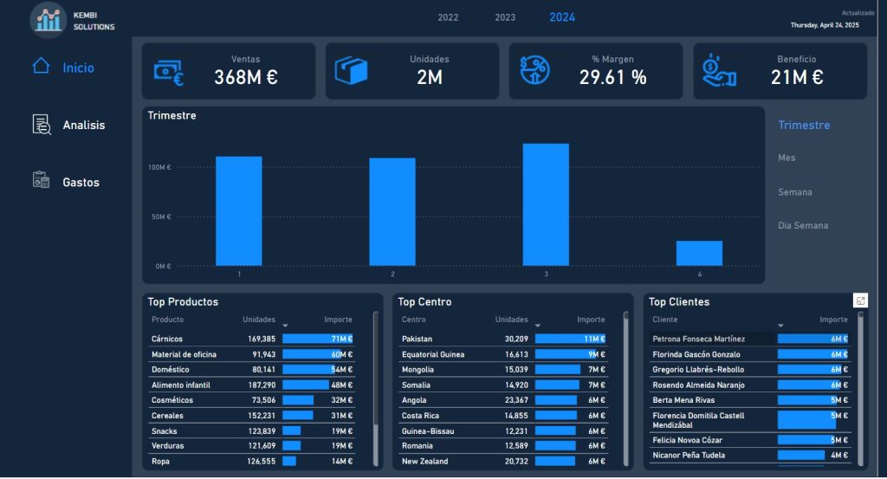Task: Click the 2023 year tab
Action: coord(505,17)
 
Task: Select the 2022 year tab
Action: coord(448,17)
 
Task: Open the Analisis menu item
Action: coord(83,126)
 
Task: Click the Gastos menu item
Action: coord(81,183)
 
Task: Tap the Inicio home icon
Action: coord(41,66)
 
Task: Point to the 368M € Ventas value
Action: coord(246,78)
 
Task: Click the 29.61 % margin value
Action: coord(613,78)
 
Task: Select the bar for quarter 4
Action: coord(699,253)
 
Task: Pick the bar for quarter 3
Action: coord(546,204)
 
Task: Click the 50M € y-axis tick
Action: coord(161,217)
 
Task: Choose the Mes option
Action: coord(787,159)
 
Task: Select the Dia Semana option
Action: coord(803,226)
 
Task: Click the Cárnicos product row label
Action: coord(167,339)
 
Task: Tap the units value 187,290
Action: coord(261,385)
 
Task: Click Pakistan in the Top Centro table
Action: coord(417,339)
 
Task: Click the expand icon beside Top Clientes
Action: coord(860,301)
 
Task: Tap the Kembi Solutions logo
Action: coord(48,19)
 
